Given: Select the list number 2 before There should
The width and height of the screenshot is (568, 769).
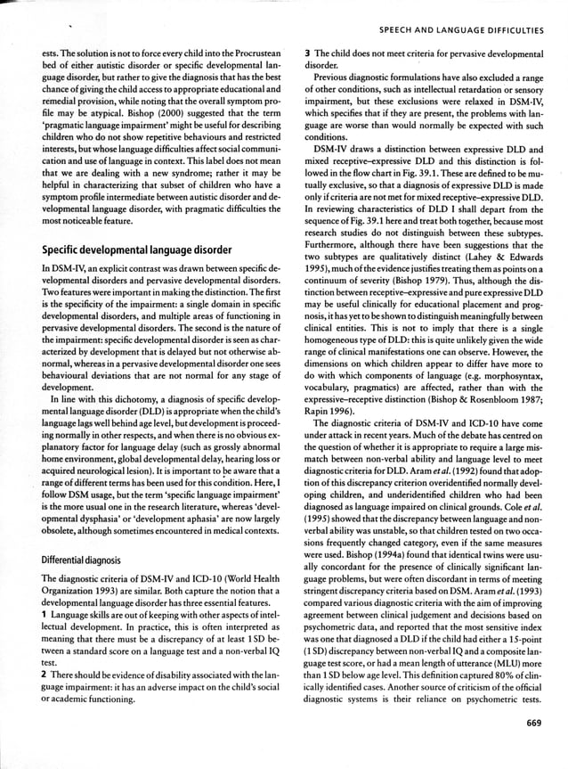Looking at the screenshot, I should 44,689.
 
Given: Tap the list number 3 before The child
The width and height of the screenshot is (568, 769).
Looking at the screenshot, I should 306,54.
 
